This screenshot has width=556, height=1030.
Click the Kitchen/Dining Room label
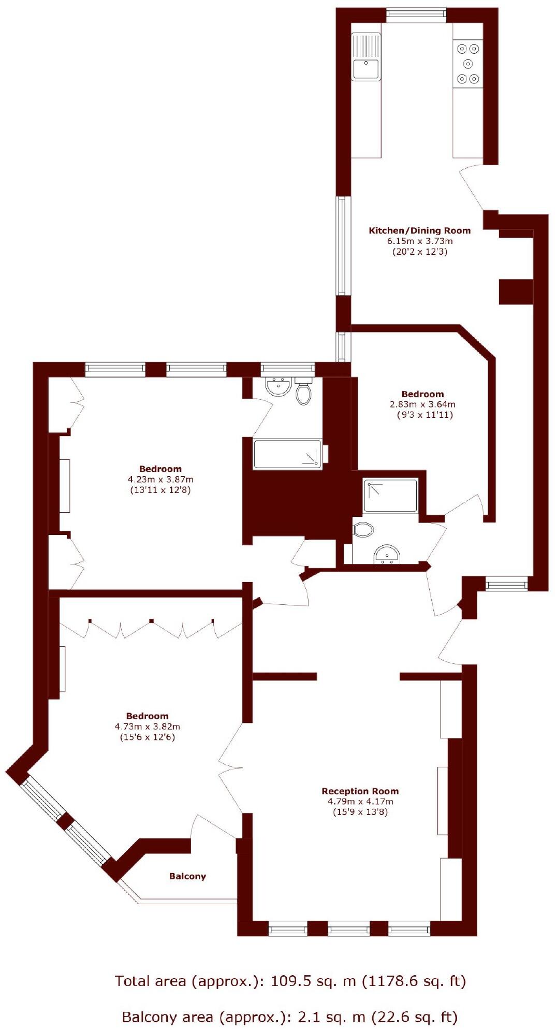click(419, 230)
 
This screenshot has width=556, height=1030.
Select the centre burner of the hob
click(468, 64)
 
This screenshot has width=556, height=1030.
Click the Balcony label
click(187, 876)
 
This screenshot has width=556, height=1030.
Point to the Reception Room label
click(360, 791)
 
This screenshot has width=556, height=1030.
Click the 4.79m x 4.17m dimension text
click(360, 801)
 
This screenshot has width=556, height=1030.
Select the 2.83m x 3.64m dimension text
click(422, 404)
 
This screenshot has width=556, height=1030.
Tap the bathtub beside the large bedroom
click(287, 454)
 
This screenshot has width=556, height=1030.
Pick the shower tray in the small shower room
click(390, 495)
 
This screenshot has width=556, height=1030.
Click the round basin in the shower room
click(386, 554)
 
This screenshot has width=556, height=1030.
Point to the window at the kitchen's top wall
click(416, 15)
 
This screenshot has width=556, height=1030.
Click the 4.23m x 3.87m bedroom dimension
click(160, 480)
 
